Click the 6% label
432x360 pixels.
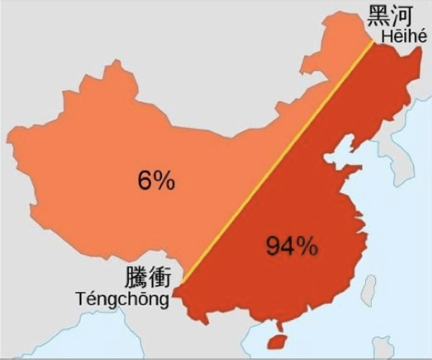pos(155,180)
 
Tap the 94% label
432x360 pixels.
pos(291,246)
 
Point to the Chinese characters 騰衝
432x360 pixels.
pos(148,278)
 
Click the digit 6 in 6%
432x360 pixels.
pos(143,180)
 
